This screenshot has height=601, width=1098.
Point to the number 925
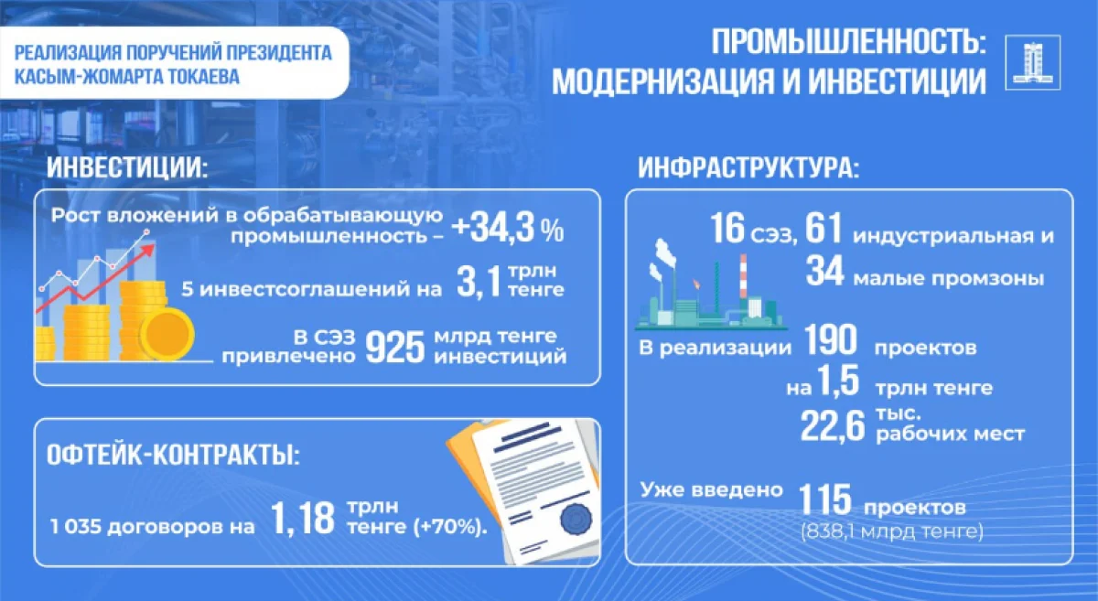[396, 346]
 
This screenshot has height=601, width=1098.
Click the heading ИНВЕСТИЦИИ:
[127, 168]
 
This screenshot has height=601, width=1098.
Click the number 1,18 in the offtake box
[303, 520]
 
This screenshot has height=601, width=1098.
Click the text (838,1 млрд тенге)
[890, 531]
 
